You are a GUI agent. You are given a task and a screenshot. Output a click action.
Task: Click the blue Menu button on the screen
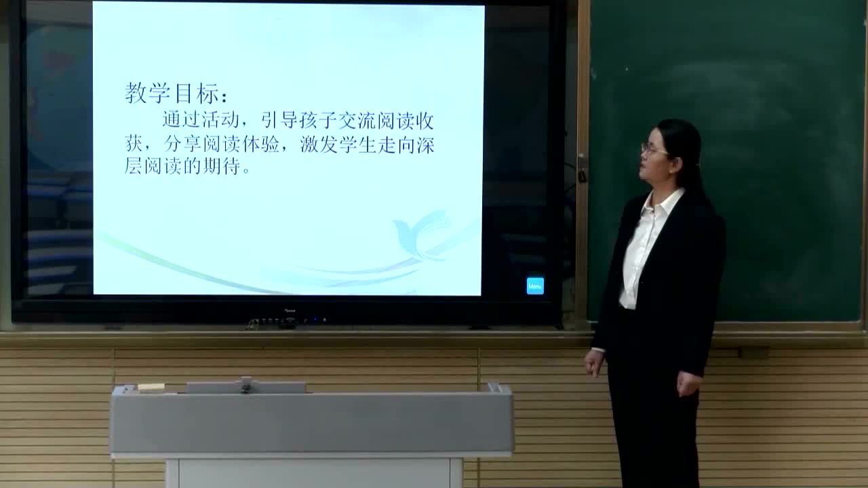click(535, 286)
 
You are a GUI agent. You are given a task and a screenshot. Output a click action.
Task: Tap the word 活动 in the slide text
click(220, 121)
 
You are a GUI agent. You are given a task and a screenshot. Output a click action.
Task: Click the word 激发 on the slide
click(319, 144)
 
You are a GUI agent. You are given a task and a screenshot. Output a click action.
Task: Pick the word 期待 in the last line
click(221, 166)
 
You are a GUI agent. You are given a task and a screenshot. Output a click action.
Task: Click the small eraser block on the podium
click(151, 387)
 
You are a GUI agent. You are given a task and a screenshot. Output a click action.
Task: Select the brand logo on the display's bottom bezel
click(288, 312)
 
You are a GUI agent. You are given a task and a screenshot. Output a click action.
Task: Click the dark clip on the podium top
click(245, 385)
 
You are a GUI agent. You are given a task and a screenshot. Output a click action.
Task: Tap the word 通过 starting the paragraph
click(182, 121)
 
